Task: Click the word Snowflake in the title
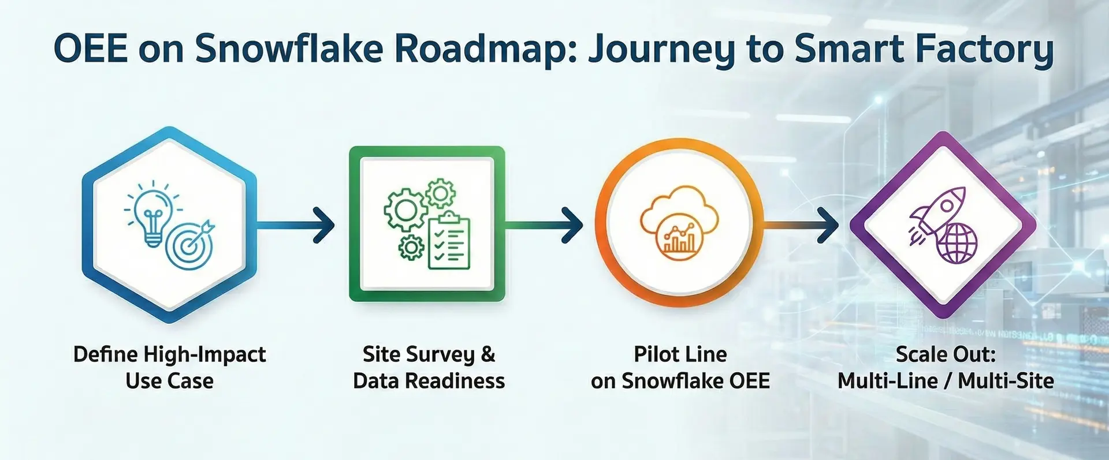point(289,49)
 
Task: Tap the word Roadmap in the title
point(484,49)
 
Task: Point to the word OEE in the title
point(90,49)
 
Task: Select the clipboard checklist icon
point(449,241)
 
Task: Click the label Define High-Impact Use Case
point(169,367)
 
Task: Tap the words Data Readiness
point(429,381)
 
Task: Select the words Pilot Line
point(680,354)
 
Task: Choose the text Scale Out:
point(946,354)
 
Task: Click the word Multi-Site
point(1006,381)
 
